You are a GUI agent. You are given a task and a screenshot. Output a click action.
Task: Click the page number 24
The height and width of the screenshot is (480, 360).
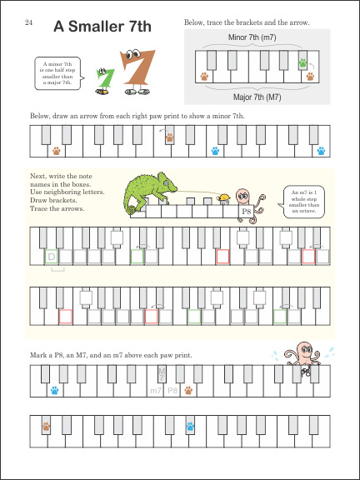click(x=28, y=22)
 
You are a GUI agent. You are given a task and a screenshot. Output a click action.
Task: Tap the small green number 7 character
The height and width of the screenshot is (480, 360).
click(x=104, y=81)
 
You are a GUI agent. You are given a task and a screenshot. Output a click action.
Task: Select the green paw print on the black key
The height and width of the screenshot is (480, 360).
click(x=302, y=62)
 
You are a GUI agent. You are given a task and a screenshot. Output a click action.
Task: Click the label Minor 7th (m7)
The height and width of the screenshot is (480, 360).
click(x=252, y=37)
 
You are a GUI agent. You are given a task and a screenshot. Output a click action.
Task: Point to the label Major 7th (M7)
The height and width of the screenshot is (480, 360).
click(x=257, y=97)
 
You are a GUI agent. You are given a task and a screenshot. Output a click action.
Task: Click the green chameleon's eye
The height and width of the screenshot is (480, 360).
click(x=166, y=183)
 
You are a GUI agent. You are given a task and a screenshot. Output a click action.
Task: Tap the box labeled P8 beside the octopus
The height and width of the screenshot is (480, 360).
click(x=246, y=211)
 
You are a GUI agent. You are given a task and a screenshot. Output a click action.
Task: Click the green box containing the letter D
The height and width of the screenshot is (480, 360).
click(x=52, y=257)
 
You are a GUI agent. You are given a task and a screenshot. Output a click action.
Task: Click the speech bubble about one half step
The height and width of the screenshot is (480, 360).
click(x=59, y=73)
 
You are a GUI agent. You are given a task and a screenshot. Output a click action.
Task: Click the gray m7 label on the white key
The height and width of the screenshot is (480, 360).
click(x=156, y=391)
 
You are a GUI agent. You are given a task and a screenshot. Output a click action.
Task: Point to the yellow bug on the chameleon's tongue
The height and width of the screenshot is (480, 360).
click(x=224, y=197)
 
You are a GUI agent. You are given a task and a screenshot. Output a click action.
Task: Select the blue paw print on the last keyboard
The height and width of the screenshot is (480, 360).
click(x=190, y=427)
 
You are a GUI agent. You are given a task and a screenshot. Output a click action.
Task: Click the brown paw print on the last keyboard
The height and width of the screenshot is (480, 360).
click(x=46, y=427)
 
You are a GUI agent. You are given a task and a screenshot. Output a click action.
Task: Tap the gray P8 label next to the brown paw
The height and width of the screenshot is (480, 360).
click(x=172, y=391)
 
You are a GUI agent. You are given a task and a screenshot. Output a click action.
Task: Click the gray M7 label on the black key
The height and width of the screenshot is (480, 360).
click(x=162, y=375)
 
